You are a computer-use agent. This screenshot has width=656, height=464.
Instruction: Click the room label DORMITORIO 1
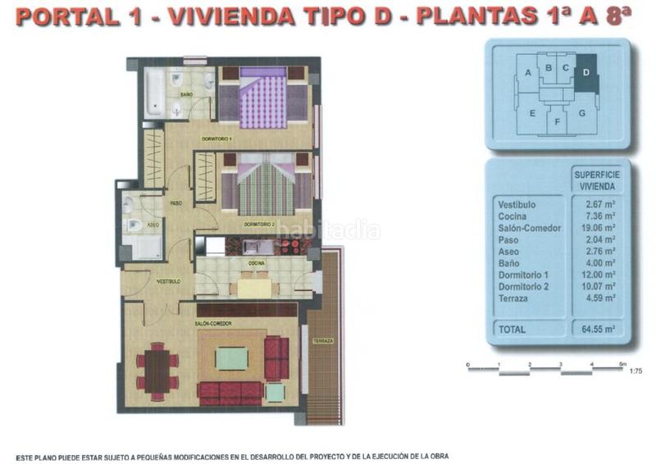click(x=216, y=139)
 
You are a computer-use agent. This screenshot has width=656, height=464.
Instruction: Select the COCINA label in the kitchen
click(x=257, y=263)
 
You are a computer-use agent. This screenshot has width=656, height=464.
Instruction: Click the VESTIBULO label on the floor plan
click(x=169, y=281)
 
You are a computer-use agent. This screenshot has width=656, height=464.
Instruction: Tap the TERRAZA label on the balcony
click(x=322, y=340)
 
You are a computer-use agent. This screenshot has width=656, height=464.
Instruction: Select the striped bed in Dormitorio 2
click(x=265, y=188)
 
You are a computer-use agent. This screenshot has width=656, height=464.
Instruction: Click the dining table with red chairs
click(x=157, y=371)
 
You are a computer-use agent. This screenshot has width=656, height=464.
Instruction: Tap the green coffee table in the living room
click(x=232, y=358)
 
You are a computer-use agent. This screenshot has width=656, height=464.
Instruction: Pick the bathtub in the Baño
click(x=155, y=92)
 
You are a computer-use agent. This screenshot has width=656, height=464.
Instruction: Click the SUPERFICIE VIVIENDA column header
click(x=595, y=180)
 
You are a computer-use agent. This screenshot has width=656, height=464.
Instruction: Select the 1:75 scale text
click(x=635, y=371)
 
